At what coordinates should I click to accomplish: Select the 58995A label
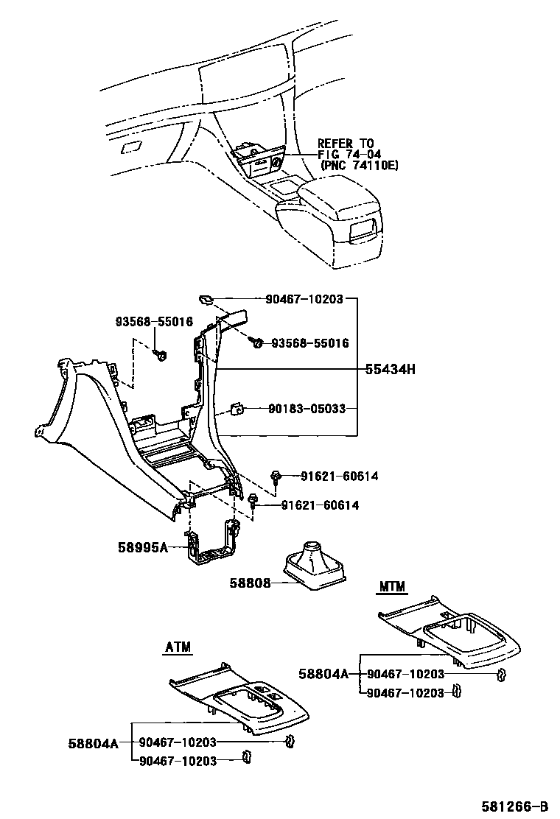[x=143, y=547]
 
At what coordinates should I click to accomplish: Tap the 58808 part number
[x=250, y=583]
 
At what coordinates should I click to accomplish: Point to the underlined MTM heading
[x=392, y=587]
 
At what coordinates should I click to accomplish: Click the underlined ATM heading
[x=178, y=647]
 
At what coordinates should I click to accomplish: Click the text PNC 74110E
[x=360, y=166]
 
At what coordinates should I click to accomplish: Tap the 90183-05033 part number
[x=307, y=409]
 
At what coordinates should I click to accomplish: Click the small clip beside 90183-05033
[x=237, y=409]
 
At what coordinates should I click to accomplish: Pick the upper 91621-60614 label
[x=339, y=477]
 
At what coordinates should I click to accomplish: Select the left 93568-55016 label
[x=154, y=321]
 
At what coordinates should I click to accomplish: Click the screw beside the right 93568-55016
[x=256, y=342]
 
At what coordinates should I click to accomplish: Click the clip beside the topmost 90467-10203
[x=206, y=298]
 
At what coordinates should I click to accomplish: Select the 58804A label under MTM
[x=323, y=674]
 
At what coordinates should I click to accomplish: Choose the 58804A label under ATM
[x=93, y=743]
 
